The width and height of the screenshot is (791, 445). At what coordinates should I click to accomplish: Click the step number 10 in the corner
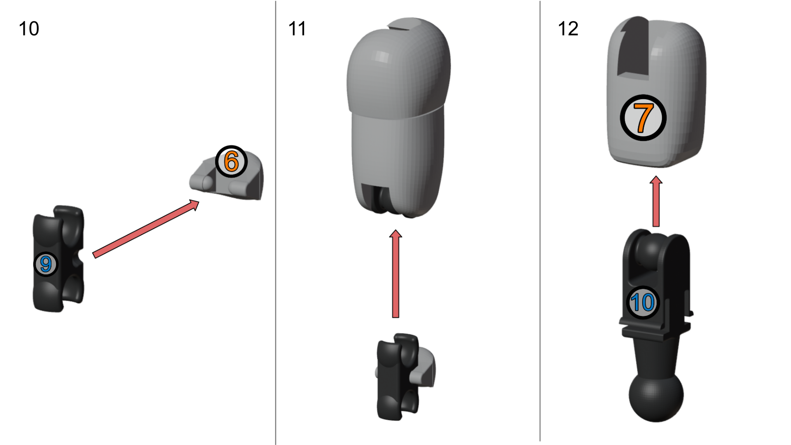(x=29, y=29)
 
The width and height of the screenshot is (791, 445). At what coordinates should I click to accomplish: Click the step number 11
(x=297, y=29)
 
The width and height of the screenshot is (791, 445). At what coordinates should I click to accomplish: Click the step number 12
(x=568, y=29)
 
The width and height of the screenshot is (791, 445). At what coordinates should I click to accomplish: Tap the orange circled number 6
(x=231, y=161)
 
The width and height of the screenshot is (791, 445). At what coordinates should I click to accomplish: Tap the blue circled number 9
(x=46, y=264)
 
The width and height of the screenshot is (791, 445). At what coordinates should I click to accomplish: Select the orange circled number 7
(x=643, y=118)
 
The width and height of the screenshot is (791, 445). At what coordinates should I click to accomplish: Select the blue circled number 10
(x=643, y=302)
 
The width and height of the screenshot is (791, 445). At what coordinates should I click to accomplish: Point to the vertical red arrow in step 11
(x=395, y=274)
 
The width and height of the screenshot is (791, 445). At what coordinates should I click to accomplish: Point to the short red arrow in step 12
(x=656, y=201)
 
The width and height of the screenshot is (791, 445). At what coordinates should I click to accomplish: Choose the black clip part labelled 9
(x=58, y=258)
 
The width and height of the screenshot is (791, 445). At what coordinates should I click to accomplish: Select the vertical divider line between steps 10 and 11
(x=276, y=222)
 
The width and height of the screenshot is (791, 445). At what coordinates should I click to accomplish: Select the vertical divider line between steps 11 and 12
(x=540, y=221)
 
